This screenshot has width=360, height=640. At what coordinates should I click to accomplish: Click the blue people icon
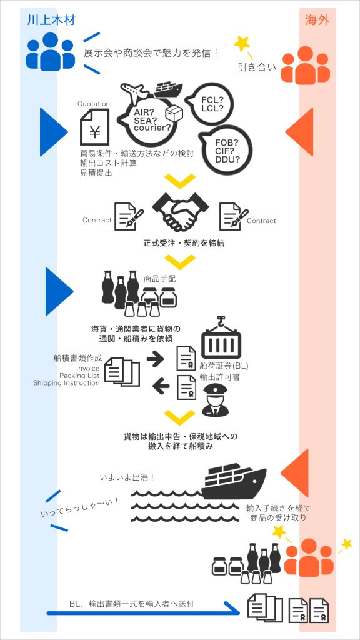[x=51, y=51]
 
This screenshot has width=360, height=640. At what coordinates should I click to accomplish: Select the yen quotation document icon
[x=95, y=126]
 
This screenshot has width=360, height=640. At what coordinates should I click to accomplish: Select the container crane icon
[x=221, y=336]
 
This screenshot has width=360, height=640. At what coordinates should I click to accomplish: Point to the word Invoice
[x=88, y=369]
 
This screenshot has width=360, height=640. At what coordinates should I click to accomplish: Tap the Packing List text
[x=79, y=376]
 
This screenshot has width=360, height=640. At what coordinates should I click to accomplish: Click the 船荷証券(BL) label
[x=224, y=366]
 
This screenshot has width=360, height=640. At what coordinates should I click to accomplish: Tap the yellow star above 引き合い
[x=242, y=43]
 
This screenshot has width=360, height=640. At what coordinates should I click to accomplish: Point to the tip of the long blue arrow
[x=240, y=612]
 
